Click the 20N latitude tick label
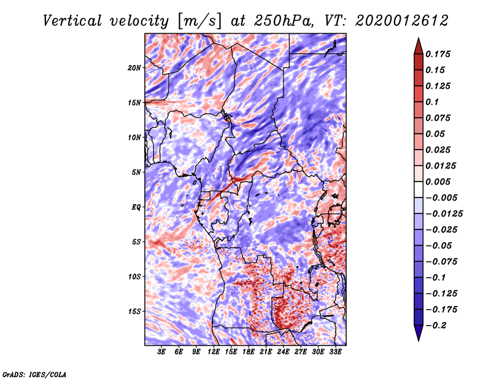pos(134,68)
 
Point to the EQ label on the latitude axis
pos(136,207)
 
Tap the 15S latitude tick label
pos(134,312)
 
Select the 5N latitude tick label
pos(136,172)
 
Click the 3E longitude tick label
pos(161,352)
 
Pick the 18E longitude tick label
pos(249,352)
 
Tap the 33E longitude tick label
pos(335,352)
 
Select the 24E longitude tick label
pos(283,352)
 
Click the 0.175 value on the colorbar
pos(438,54)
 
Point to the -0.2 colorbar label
pos(436,326)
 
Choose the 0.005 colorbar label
pos(438,182)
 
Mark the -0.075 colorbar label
pos(441,262)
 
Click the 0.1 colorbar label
pos(432,102)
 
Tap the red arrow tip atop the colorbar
pos(419,38)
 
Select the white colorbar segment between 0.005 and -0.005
pos(419,189)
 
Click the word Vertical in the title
pos(72,21)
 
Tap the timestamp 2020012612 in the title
pos(402,21)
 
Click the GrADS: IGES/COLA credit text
pos(34,374)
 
